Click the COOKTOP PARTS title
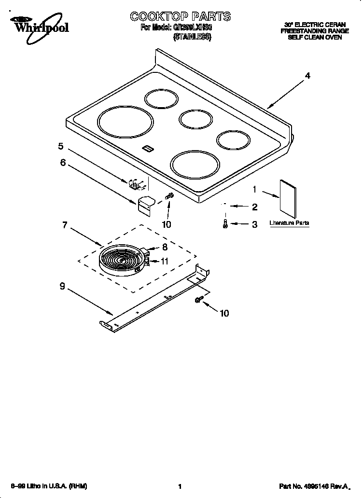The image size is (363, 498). pyautogui.click(x=180, y=17)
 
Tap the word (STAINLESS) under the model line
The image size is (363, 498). pyautogui.click(x=192, y=37)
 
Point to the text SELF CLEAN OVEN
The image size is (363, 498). pyautogui.click(x=315, y=37)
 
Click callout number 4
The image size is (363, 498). pyautogui.click(x=307, y=75)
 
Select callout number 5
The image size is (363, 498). pyautogui.click(x=61, y=146)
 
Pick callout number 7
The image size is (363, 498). pyautogui.click(x=65, y=225)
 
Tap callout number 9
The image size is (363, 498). pyautogui.click(x=62, y=286)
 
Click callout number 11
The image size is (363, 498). pyautogui.click(x=165, y=261)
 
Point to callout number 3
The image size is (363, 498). pyautogui.click(x=254, y=224)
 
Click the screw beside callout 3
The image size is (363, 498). pyautogui.click(x=225, y=224)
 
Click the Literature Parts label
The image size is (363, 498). pyautogui.click(x=289, y=223)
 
